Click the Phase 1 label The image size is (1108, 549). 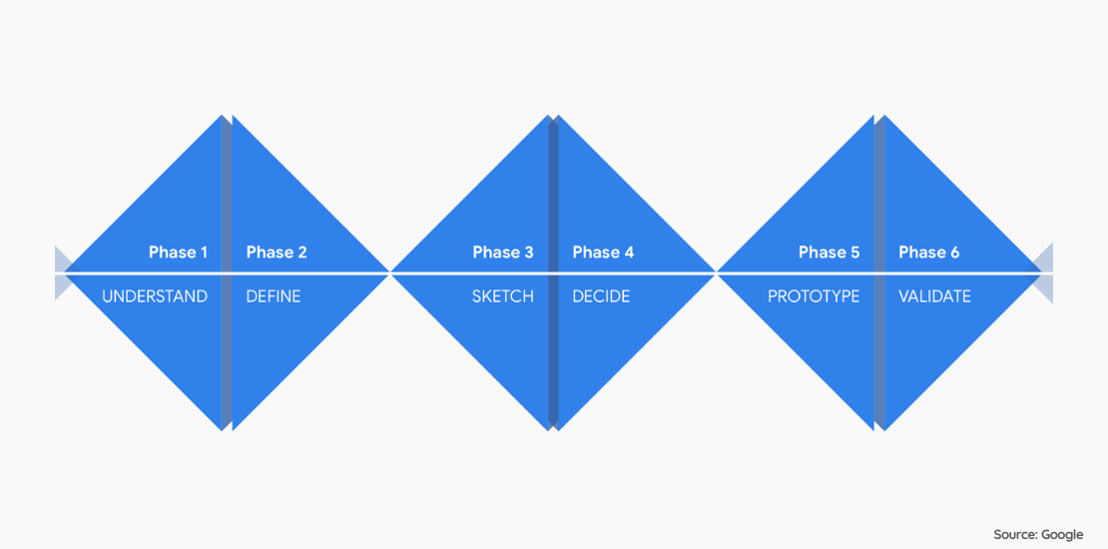coord(178,253)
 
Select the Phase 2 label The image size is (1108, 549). coord(277,253)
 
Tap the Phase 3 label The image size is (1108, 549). coord(503,253)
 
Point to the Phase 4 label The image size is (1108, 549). coord(604,253)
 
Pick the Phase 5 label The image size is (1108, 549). coord(829,253)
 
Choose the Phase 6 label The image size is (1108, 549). coord(929,253)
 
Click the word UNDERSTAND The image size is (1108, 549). coord(155,296)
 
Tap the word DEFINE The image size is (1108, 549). coord(274,296)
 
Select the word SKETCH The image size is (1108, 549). coord(503,296)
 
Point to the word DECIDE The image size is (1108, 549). coord(601,296)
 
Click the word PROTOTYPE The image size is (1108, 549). coord(815,296)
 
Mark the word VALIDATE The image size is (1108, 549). coord(935,296)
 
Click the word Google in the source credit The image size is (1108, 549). coord(1062,535)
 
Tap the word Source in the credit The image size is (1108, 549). coord(1015,534)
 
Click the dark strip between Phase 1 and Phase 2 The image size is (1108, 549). coord(227,273)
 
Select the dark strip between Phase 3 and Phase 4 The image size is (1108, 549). coord(553,273)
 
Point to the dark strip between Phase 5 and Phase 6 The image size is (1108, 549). coord(879,273)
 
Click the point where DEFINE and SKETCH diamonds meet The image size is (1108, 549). coord(390,273)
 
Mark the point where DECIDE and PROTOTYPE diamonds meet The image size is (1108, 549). coord(717,273)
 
